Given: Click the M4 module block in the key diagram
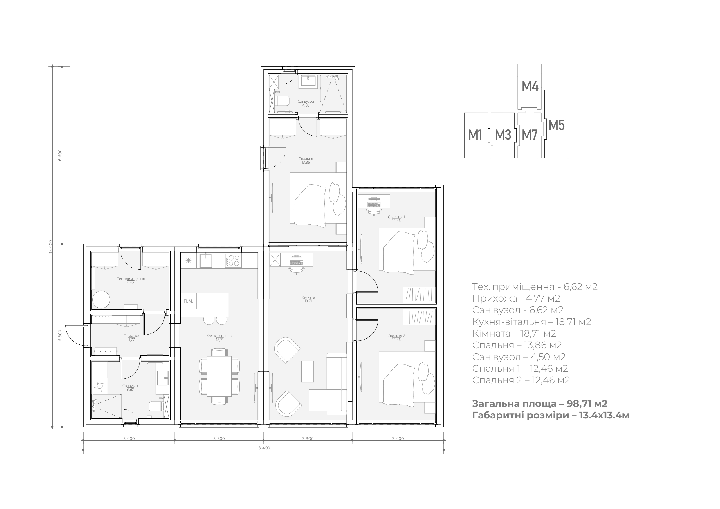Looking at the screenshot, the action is click(529, 86).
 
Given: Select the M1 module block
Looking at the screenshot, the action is click(476, 136).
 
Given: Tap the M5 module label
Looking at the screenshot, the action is click(557, 125).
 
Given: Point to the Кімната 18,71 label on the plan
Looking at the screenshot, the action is click(308, 299).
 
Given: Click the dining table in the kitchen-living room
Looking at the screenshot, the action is click(219, 376).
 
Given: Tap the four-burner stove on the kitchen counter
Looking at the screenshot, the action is click(233, 261).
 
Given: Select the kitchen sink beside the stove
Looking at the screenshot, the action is click(206, 261).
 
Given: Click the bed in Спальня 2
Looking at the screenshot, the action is click(407, 377).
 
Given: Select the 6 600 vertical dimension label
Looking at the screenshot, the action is click(60, 155).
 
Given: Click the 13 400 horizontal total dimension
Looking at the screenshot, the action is click(264, 448).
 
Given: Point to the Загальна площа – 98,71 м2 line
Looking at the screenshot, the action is click(540, 403).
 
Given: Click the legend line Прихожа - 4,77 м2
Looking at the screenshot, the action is click(516, 298).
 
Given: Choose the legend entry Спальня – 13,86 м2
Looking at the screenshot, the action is click(517, 345).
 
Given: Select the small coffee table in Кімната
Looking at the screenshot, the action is click(307, 371).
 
